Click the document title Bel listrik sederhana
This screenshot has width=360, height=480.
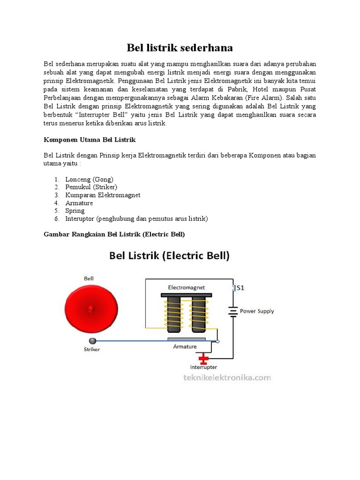(180, 48)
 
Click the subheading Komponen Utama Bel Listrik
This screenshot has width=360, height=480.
(90, 140)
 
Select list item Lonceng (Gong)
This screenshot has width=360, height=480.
(89, 179)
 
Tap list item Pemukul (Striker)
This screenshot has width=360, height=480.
(91, 187)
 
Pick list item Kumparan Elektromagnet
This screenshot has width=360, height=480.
(103, 195)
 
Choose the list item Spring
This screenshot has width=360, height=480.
(75, 211)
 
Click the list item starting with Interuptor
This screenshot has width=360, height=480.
(136, 219)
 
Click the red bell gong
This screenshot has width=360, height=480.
(91, 307)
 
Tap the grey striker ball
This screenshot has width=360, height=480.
(92, 341)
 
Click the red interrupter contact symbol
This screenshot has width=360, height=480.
(203, 360)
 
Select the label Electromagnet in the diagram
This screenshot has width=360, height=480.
(186, 287)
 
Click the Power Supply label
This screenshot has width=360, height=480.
(257, 311)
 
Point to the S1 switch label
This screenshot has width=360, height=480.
(240, 288)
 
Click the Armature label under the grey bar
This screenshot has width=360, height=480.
(186, 347)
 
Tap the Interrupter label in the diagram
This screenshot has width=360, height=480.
(203, 367)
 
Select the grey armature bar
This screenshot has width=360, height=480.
(186, 339)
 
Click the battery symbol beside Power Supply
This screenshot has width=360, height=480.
(233, 311)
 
